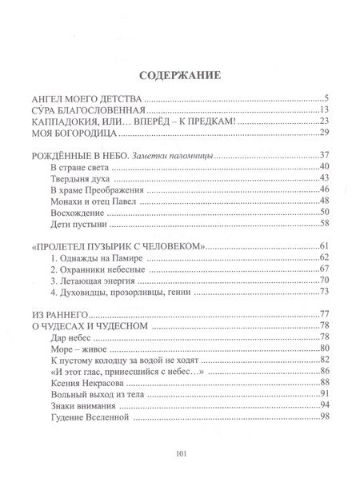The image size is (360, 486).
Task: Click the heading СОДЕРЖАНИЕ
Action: [x=180, y=77]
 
